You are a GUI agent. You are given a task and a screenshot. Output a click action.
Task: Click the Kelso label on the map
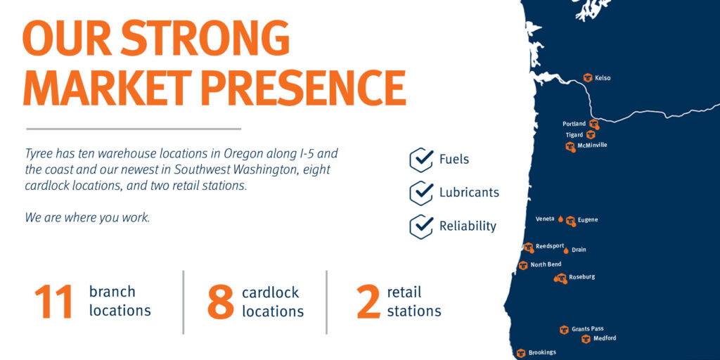pos(603,78)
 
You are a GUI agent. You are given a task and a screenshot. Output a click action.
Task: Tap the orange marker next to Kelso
pos(587,77)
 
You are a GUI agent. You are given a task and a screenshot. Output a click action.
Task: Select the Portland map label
pos(574,124)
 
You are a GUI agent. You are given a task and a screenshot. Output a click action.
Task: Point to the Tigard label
pos(574,135)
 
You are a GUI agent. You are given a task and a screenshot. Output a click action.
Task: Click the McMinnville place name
pos(592,146)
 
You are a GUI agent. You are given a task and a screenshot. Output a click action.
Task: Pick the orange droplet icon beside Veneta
pos(560,219)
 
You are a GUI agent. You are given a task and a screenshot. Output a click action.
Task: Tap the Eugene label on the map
pos(588,220)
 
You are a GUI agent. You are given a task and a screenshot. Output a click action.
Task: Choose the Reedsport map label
pos(550,246)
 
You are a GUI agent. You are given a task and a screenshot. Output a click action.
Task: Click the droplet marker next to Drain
pos(566,250)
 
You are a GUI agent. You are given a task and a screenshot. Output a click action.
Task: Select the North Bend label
pos(546,264)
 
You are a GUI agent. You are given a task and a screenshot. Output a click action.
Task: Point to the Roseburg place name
pos(581,277)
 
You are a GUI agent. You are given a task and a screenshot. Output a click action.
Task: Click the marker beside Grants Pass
pos(565,329)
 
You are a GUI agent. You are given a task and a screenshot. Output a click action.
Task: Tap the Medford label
pos(605,338)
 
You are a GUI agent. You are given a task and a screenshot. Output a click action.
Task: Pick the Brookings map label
pos(542,353)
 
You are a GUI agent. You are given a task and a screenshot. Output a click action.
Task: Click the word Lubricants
pos(469,193)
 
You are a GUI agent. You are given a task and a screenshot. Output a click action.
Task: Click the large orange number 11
pos(53,302)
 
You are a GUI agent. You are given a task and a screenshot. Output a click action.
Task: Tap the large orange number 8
pos(221,302)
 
